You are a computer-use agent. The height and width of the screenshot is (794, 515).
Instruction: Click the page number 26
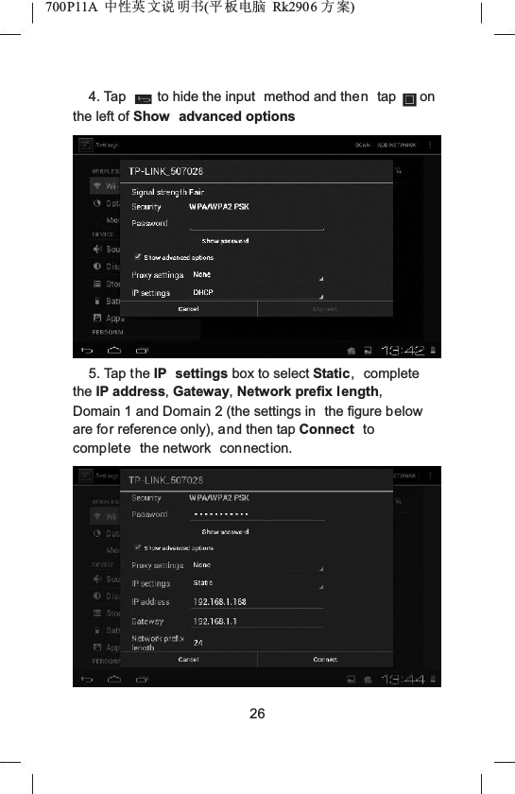coord(257,712)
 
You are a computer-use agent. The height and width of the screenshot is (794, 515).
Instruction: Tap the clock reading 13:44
coord(402,680)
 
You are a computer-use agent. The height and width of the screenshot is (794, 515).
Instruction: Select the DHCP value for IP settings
coord(203,293)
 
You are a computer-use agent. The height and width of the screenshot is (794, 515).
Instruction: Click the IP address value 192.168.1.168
coord(220,601)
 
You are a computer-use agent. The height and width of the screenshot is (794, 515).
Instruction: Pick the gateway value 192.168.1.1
coord(215,621)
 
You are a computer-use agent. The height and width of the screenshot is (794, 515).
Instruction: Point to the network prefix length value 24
coord(198,643)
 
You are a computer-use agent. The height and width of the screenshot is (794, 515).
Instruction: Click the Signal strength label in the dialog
coord(167,192)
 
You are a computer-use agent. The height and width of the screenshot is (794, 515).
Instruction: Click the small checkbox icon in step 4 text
coord(409,98)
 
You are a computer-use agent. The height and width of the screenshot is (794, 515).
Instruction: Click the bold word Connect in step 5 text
coord(326,429)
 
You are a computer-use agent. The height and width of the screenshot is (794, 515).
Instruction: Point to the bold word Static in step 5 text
coord(331,374)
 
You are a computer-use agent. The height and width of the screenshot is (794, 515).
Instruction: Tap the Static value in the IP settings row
coord(203,583)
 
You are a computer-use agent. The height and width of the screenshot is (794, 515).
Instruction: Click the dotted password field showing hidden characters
coord(220,515)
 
